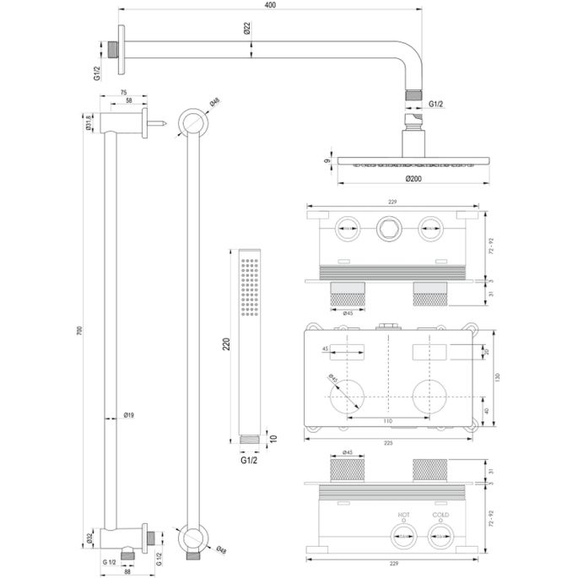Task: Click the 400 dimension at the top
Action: pyautogui.click(x=268, y=6)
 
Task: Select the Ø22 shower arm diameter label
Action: pyautogui.click(x=246, y=29)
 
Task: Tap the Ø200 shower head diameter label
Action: pyautogui.click(x=413, y=179)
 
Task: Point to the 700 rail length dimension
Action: pyautogui.click(x=80, y=331)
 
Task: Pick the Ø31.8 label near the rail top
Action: pyautogui.click(x=89, y=123)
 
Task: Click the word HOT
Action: pyautogui.click(x=404, y=514)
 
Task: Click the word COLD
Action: pyautogui.click(x=440, y=514)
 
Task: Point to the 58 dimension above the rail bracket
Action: pyautogui.click(x=128, y=100)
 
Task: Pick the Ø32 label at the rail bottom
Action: pyautogui.click(x=89, y=535)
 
